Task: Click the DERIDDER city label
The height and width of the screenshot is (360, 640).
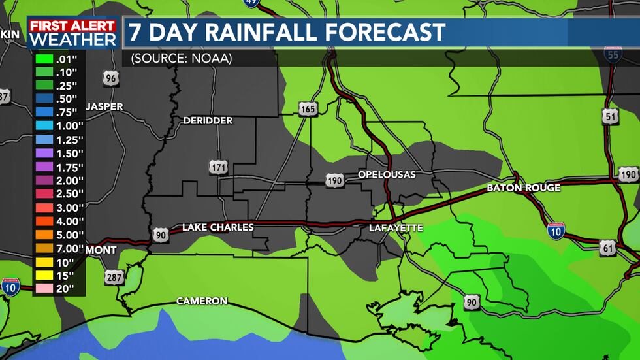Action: (208, 121)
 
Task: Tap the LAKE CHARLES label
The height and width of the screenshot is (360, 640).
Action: (217, 227)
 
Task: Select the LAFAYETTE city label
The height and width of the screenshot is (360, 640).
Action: (396, 228)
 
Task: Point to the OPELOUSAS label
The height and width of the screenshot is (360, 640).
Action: (387, 174)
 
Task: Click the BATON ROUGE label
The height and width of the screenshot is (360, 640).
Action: (523, 188)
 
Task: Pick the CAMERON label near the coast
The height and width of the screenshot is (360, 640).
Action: (202, 301)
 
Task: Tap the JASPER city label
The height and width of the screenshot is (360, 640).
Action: (104, 106)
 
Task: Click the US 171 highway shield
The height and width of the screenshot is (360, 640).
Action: (218, 167)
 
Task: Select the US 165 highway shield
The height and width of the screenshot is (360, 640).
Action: (308, 108)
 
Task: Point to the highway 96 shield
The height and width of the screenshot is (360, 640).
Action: (111, 79)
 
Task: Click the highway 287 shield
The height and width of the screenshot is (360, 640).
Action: (114, 278)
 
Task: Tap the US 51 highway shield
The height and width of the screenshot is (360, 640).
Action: (610, 117)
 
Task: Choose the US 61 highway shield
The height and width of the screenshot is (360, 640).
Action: (607, 247)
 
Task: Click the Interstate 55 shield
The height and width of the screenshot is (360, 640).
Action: (613, 54)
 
